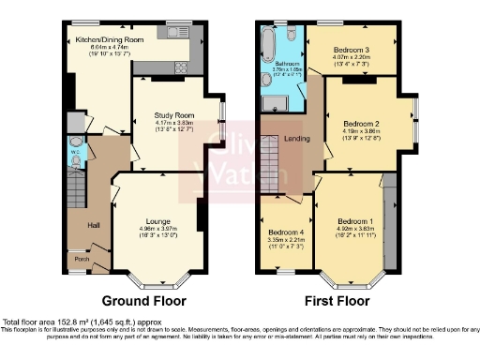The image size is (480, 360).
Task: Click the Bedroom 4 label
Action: click(287, 232)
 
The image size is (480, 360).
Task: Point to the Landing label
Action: click(297, 140)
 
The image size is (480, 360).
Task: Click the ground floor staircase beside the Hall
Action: click(76, 198)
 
